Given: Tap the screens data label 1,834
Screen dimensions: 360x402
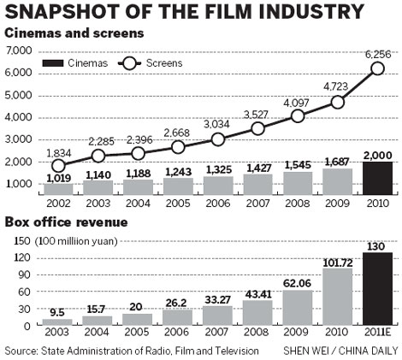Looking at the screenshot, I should (x=59, y=152).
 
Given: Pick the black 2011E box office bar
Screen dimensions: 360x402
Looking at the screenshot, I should (x=379, y=289).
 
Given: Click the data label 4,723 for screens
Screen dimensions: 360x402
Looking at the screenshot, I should (x=337, y=86).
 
